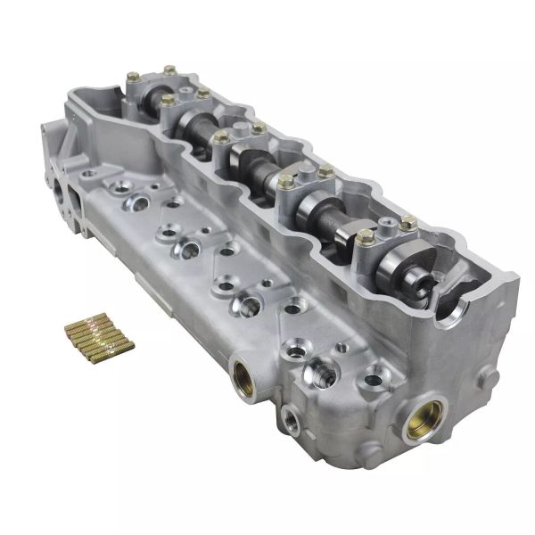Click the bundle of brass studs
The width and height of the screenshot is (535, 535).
point(98,337)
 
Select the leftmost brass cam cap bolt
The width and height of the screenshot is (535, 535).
point(133,78)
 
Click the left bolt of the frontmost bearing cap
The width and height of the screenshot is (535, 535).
point(365,236)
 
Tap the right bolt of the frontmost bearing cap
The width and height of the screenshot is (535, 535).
point(407,223)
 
